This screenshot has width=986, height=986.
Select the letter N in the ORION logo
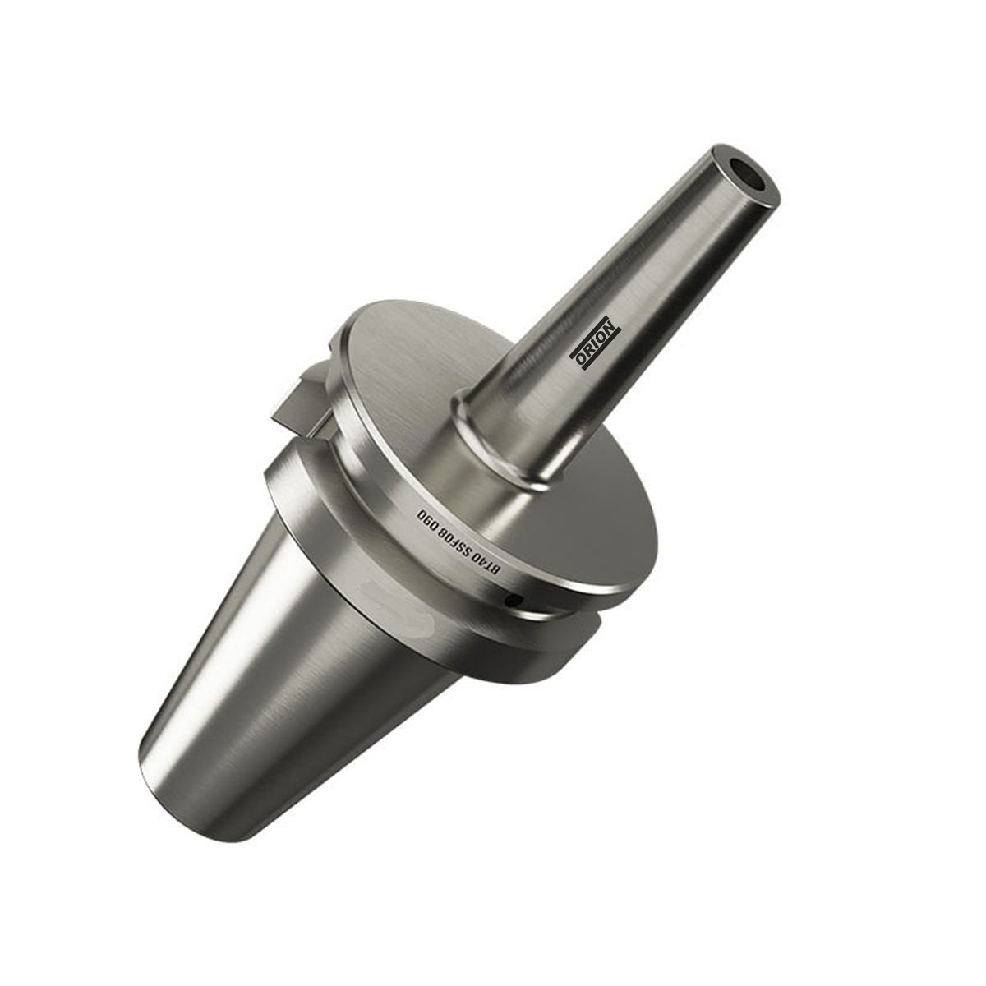pos(612,323)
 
